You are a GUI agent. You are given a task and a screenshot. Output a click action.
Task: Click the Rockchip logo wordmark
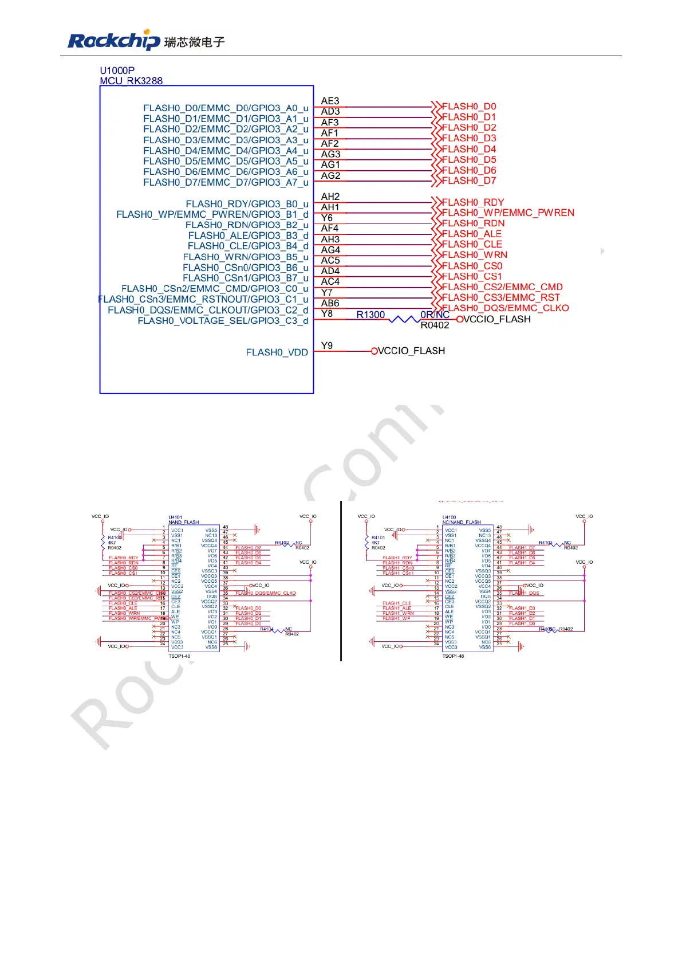113,41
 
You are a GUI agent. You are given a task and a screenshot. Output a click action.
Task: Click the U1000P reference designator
117,70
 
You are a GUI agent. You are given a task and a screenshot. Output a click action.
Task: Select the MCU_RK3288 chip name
131,81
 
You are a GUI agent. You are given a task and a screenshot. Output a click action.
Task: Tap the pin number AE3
330,101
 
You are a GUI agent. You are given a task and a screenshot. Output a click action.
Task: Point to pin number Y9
326,346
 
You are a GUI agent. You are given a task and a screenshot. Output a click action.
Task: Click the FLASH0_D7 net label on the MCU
469,181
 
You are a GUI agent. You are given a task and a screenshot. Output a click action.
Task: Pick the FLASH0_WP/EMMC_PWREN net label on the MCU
508,213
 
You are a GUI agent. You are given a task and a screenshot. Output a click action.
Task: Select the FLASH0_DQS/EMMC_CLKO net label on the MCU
506,308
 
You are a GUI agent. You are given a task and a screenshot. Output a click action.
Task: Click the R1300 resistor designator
370,315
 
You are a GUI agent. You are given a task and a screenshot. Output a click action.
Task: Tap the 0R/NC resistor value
435,315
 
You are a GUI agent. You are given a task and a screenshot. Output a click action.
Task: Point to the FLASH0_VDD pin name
277,352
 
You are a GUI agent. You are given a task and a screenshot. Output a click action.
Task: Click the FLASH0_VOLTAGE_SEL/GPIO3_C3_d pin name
223,321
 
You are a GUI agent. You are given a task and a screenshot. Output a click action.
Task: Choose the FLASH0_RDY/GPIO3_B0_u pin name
247,204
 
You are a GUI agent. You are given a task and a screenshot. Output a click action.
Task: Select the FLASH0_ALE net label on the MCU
472,234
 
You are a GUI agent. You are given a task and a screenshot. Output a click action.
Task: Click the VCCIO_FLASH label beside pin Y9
411,351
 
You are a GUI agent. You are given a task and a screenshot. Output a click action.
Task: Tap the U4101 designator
175,517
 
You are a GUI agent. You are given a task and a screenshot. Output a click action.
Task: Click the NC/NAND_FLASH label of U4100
462,522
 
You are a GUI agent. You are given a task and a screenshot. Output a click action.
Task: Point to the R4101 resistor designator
378,538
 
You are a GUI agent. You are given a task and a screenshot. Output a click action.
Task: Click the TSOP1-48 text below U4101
179,656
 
